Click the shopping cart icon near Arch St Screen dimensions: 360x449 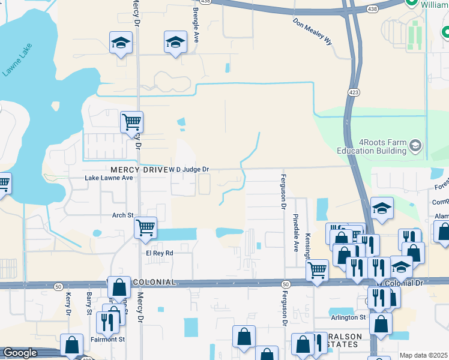click(145, 227)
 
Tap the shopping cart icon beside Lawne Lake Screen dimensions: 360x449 click(131, 122)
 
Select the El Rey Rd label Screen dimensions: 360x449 click(160, 253)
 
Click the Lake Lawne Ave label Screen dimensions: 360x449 click(109, 178)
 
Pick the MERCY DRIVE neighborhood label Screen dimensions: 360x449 click(138, 170)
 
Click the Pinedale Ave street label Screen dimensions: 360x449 click(295, 232)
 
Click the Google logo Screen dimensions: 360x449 click(20, 353)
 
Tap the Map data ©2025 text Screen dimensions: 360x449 click(424, 355)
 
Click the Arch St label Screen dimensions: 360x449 click(122, 214)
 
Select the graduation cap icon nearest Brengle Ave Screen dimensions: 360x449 click(175, 42)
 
